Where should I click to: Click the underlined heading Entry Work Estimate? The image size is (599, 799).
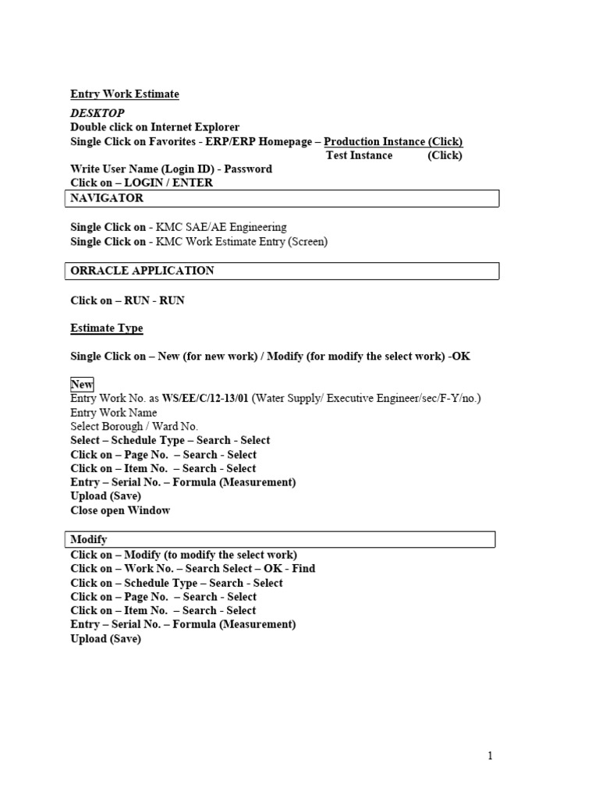(125, 94)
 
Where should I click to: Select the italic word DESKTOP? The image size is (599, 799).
(97, 114)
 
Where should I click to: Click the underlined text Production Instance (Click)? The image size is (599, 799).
(393, 141)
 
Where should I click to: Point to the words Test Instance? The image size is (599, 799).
(359, 155)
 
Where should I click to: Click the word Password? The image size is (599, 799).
(248, 169)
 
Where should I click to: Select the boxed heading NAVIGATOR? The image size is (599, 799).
(107, 198)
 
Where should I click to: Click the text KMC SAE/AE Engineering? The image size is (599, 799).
(222, 227)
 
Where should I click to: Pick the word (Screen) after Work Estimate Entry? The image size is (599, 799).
(308, 242)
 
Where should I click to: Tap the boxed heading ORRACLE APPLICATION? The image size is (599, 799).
(142, 271)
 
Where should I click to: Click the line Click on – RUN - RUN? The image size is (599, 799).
(127, 300)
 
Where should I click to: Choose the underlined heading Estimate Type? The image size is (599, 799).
(107, 328)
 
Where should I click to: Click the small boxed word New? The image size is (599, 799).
(82, 385)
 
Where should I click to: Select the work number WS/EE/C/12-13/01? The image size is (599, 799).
(205, 399)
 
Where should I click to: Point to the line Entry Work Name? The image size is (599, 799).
(114, 413)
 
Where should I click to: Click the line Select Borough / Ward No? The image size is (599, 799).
(134, 427)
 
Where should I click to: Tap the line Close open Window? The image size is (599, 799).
(120, 510)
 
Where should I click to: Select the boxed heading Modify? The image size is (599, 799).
(89, 540)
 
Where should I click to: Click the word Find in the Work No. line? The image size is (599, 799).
(303, 569)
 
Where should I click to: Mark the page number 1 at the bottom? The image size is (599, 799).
(490, 755)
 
